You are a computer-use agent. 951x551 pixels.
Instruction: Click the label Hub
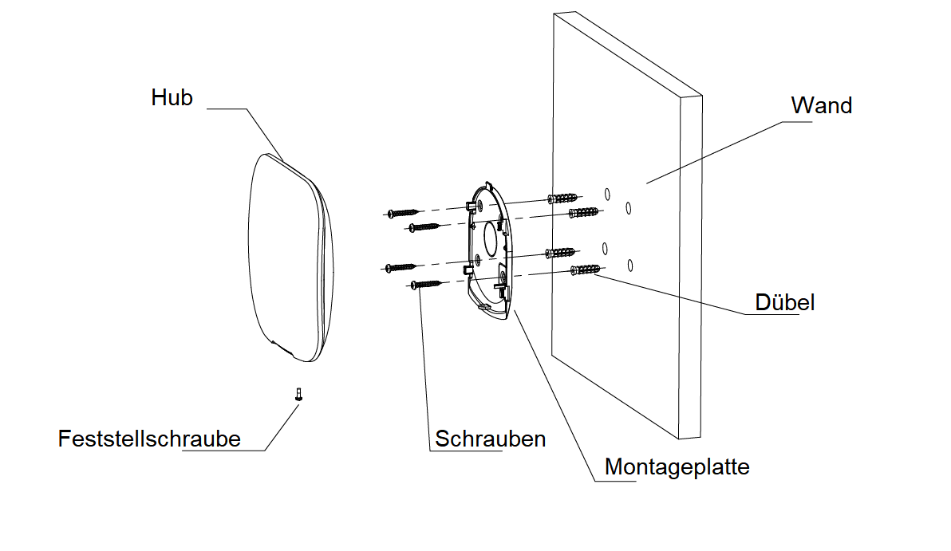pos(172,98)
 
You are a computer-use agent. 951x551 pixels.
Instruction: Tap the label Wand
pos(821,105)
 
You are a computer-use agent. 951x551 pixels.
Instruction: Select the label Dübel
pos(784,302)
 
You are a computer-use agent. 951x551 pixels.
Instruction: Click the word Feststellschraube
pos(149,439)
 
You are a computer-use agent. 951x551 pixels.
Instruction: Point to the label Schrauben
pos(490,439)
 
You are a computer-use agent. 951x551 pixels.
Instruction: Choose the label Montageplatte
pos(677,466)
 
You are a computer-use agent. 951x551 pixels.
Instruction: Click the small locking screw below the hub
pos(299,394)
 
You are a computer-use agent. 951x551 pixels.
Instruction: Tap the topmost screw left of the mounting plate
pos(403,213)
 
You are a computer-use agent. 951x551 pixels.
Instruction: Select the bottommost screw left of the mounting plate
pos(427,283)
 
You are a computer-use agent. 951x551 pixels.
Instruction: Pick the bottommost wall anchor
pos(586,270)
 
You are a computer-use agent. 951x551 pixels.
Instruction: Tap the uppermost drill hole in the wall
pos(607,193)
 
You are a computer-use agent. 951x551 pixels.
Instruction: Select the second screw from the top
pos(424,227)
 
